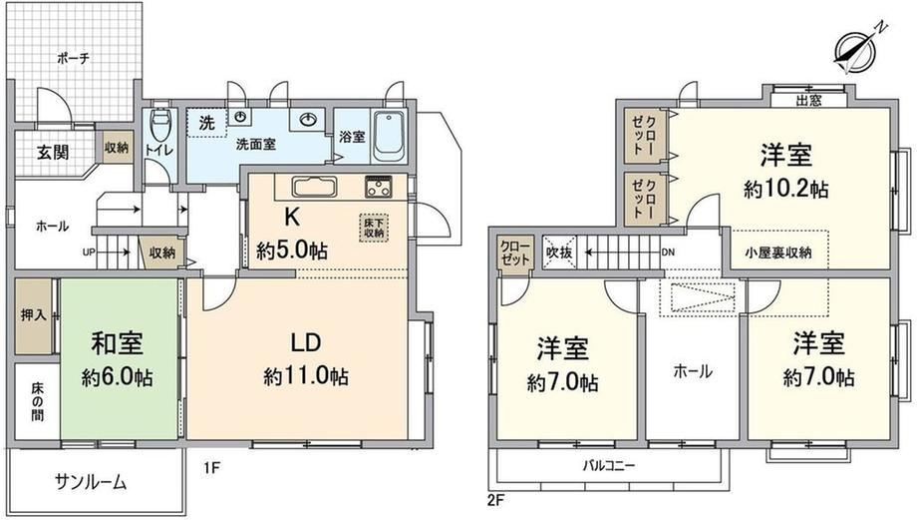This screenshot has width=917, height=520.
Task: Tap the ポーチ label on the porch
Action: [73, 59]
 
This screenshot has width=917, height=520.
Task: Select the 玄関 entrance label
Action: [53, 153]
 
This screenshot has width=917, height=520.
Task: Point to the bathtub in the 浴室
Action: [389, 137]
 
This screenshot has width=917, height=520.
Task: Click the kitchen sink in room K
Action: [314, 188]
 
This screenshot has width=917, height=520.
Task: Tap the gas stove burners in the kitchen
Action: [379, 188]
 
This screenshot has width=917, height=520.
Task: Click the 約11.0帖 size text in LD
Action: [306, 376]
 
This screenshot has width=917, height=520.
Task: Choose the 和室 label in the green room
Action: [117, 343]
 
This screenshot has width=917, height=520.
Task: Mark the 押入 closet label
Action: [33, 314]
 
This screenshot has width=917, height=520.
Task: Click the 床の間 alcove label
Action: [37, 401]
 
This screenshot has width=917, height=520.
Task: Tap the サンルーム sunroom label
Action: [91, 482]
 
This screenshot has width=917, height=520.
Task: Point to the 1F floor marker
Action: [211, 467]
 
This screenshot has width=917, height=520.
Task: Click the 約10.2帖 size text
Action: [785, 190]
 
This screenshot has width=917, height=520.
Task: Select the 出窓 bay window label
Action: [808, 100]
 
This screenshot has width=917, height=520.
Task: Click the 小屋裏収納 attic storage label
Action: [777, 253]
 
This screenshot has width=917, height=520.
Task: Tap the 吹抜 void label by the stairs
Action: [559, 253]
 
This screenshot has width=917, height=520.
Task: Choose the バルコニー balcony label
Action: [608, 466]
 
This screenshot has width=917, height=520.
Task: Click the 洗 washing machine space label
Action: [206, 123]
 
